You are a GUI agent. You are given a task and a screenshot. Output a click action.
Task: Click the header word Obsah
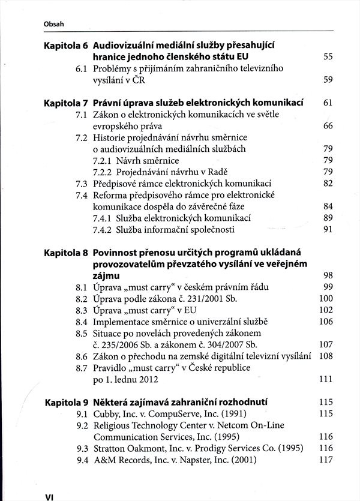click(54, 24)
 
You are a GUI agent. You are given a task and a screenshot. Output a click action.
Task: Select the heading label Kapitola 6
click(66, 45)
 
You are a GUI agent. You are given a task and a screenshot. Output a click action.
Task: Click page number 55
click(328, 57)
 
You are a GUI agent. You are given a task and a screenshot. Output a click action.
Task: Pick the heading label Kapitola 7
click(66, 103)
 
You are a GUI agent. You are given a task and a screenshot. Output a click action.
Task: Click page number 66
click(328, 126)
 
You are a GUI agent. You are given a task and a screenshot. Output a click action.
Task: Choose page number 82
click(328, 183)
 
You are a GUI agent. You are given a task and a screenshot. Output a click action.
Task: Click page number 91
click(328, 229)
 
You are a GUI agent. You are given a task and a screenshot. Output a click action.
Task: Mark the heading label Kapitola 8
click(66, 253)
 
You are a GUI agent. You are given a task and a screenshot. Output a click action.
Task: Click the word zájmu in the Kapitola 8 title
click(106, 276)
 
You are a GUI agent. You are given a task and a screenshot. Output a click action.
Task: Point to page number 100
click(326, 299)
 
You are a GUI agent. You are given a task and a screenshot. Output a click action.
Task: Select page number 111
click(326, 380)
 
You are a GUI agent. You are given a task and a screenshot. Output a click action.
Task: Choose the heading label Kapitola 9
click(66, 403)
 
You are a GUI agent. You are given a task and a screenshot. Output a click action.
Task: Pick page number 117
click(326, 460)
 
